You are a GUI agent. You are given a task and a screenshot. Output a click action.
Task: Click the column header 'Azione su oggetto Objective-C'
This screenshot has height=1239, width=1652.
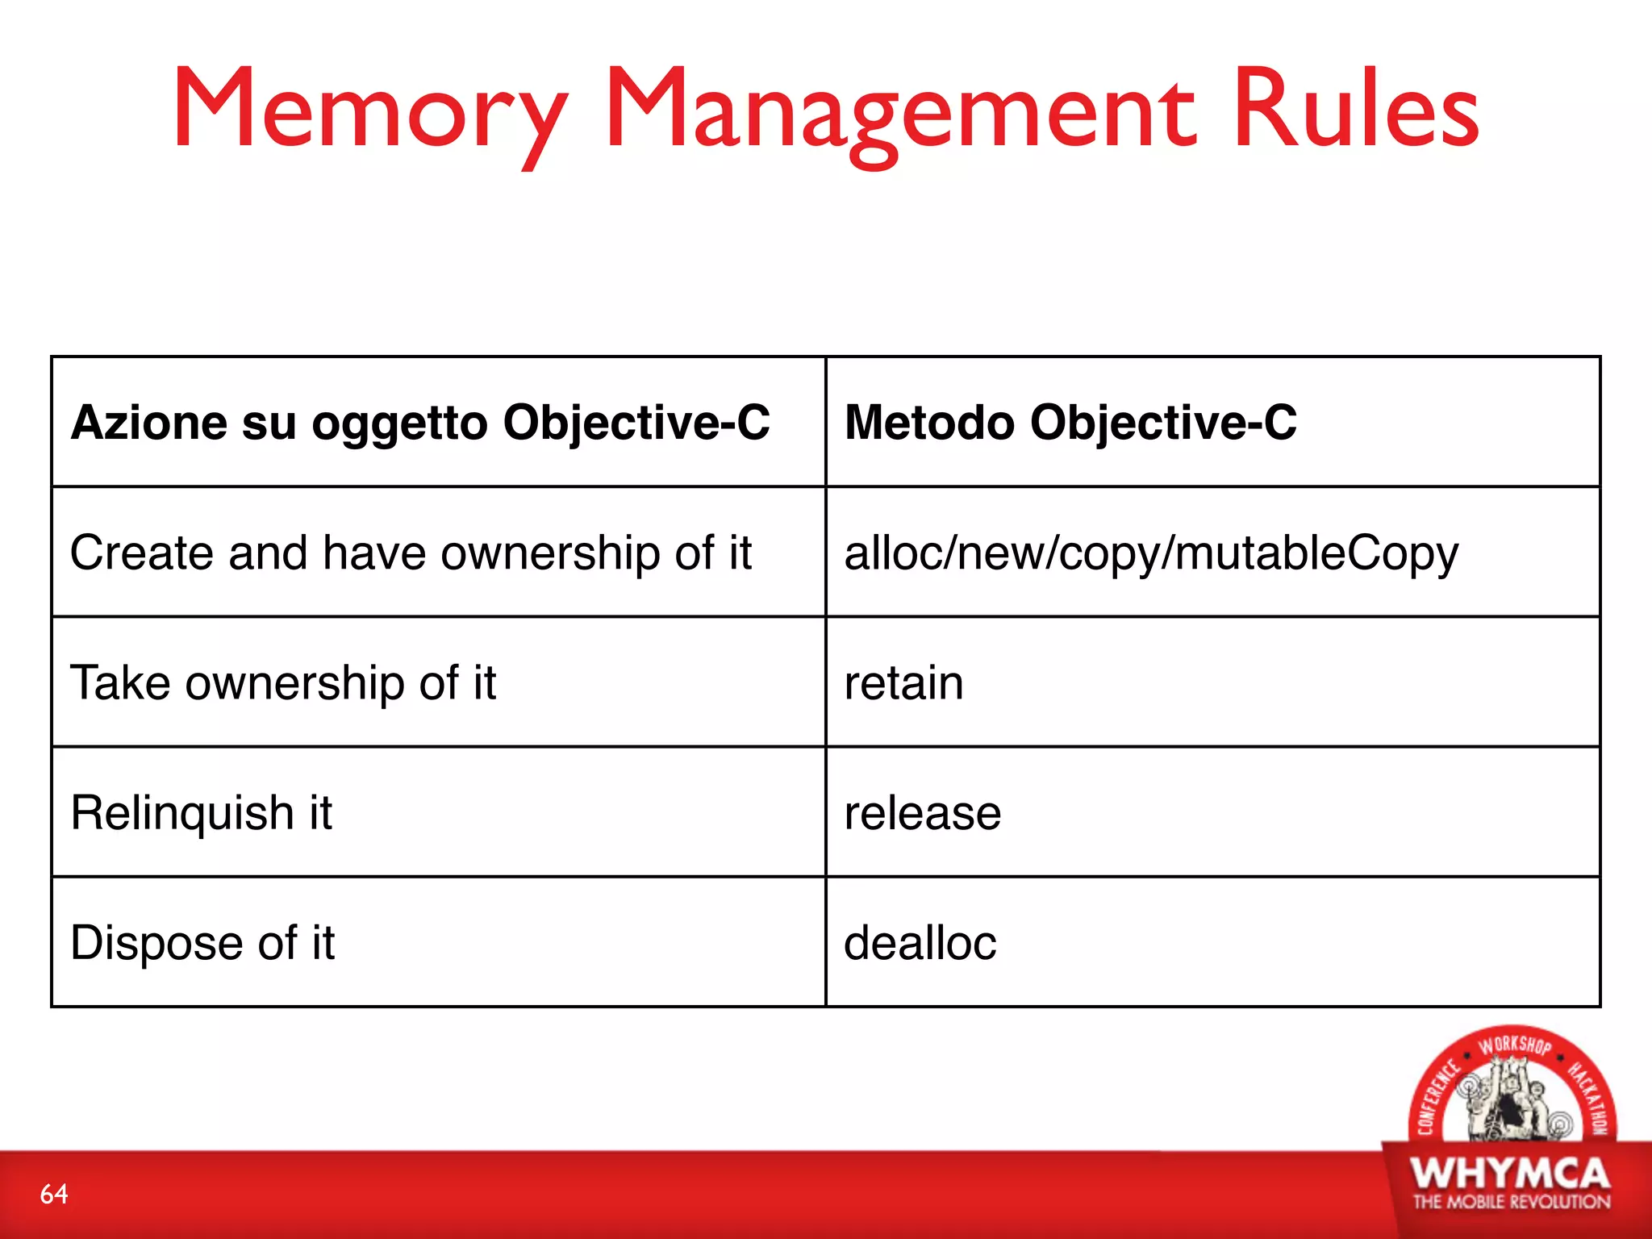pos(420,422)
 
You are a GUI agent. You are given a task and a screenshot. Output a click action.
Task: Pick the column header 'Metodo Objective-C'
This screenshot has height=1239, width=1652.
pos(1070,422)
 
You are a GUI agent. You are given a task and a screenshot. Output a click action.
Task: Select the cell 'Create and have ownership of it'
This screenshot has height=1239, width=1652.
pos(411,553)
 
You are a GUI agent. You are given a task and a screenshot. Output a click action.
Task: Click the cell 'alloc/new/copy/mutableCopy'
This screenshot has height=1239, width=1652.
pos(1151,553)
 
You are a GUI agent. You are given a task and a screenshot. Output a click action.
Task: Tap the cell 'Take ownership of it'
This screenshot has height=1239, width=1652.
pos(283,682)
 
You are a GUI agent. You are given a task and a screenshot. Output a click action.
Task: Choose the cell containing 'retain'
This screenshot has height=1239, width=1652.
pos(903,682)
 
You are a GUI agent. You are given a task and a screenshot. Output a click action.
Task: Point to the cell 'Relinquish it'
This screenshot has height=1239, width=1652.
pos(201,812)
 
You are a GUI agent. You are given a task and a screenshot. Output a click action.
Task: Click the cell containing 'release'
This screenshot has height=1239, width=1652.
pos(922,812)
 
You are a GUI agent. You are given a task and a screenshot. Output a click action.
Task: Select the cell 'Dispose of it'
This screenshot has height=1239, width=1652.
pos(202,942)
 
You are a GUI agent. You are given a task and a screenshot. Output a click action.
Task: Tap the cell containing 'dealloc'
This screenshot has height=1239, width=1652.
pos(920,942)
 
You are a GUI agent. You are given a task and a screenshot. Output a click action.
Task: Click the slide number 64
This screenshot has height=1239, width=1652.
pos(54,1194)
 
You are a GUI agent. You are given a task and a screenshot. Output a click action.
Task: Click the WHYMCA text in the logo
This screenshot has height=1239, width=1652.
pos(1511,1174)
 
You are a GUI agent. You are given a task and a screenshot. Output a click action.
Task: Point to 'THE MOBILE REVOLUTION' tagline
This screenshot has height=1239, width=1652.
pos(1511,1202)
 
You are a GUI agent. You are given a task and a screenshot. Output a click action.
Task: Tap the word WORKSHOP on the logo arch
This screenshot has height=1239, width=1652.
pos(1514,1045)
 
